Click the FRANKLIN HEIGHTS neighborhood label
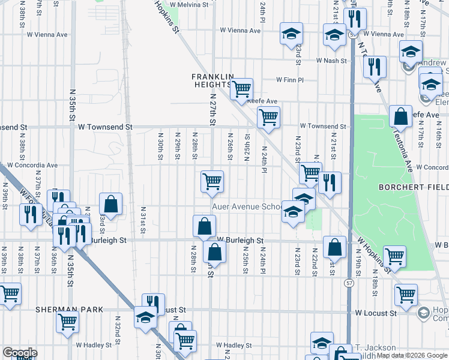[x=212, y=80]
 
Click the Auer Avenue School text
[x=246, y=206]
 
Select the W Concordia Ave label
[x=30, y=165]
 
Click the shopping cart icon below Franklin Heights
[x=241, y=89]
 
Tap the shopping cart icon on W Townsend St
[x=268, y=117]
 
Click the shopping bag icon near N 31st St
[x=110, y=203]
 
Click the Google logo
[x=19, y=353]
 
